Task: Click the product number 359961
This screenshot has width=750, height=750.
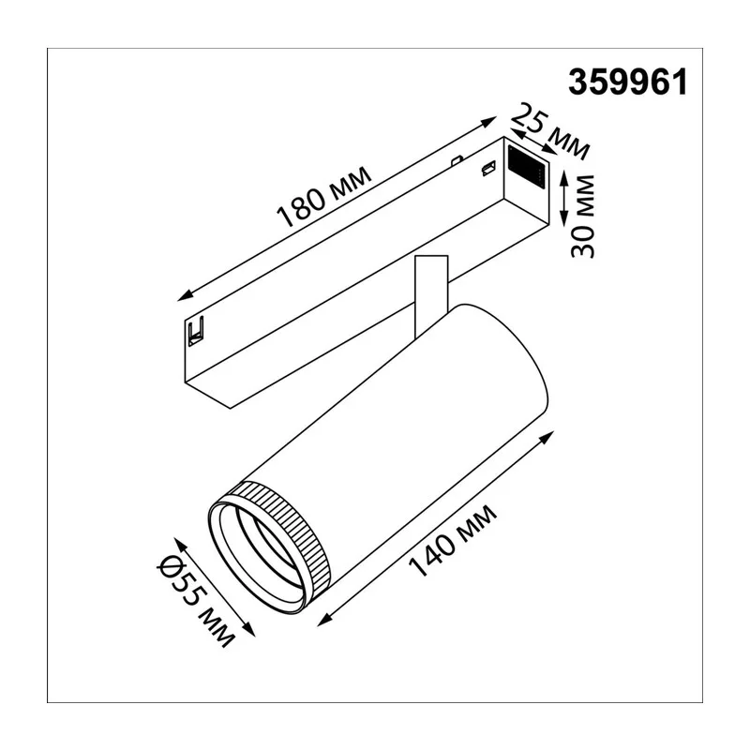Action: (627, 82)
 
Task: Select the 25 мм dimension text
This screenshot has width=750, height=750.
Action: (549, 131)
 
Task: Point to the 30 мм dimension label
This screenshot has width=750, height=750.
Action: (582, 217)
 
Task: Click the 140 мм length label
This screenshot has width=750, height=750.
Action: (452, 541)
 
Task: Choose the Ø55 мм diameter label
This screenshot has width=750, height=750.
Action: (196, 601)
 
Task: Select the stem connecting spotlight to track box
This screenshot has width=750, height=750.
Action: (431, 294)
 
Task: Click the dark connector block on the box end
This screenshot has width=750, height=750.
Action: (526, 168)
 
